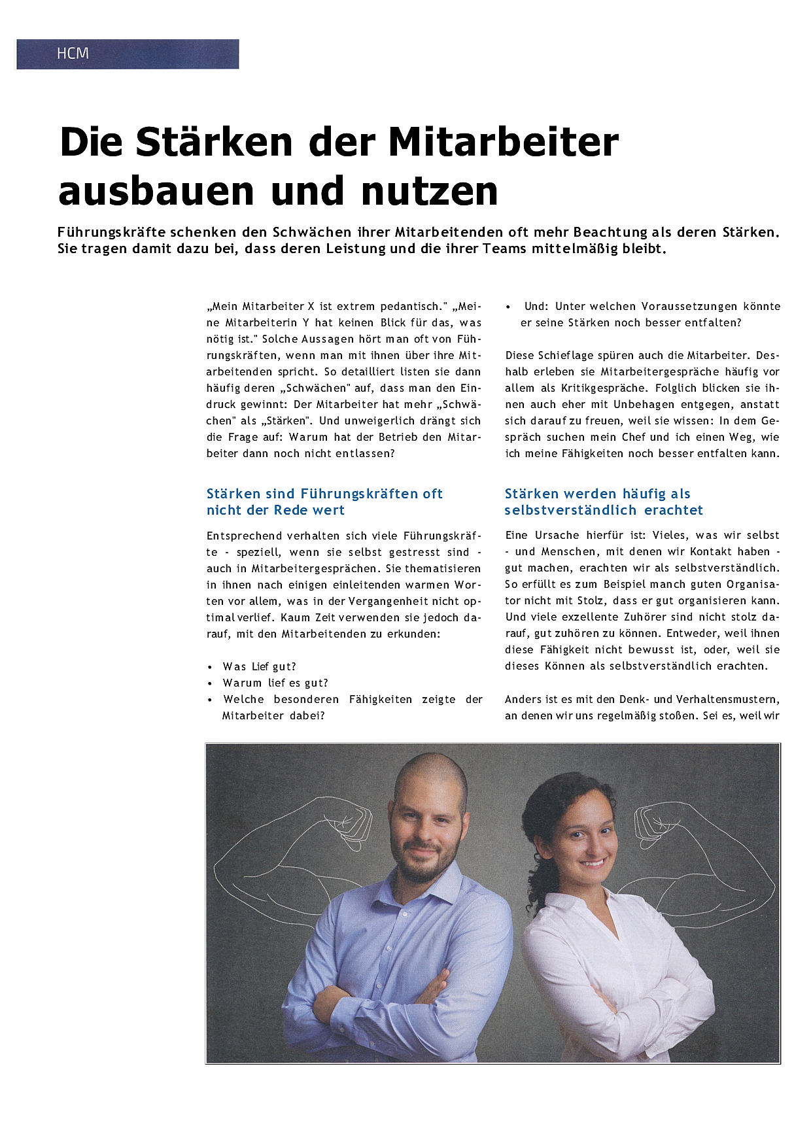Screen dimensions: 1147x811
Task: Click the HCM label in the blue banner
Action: (73, 54)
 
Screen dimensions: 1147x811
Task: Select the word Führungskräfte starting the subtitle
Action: (112, 232)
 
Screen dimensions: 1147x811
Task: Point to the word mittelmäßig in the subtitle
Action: (574, 248)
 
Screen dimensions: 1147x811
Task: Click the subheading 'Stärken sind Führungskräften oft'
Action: (324, 494)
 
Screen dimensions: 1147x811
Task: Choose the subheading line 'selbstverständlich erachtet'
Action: (604, 510)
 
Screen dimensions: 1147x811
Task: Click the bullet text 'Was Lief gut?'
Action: (260, 666)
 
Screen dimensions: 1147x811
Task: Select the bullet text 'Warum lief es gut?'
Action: (275, 683)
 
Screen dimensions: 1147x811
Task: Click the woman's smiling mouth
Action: (593, 863)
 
